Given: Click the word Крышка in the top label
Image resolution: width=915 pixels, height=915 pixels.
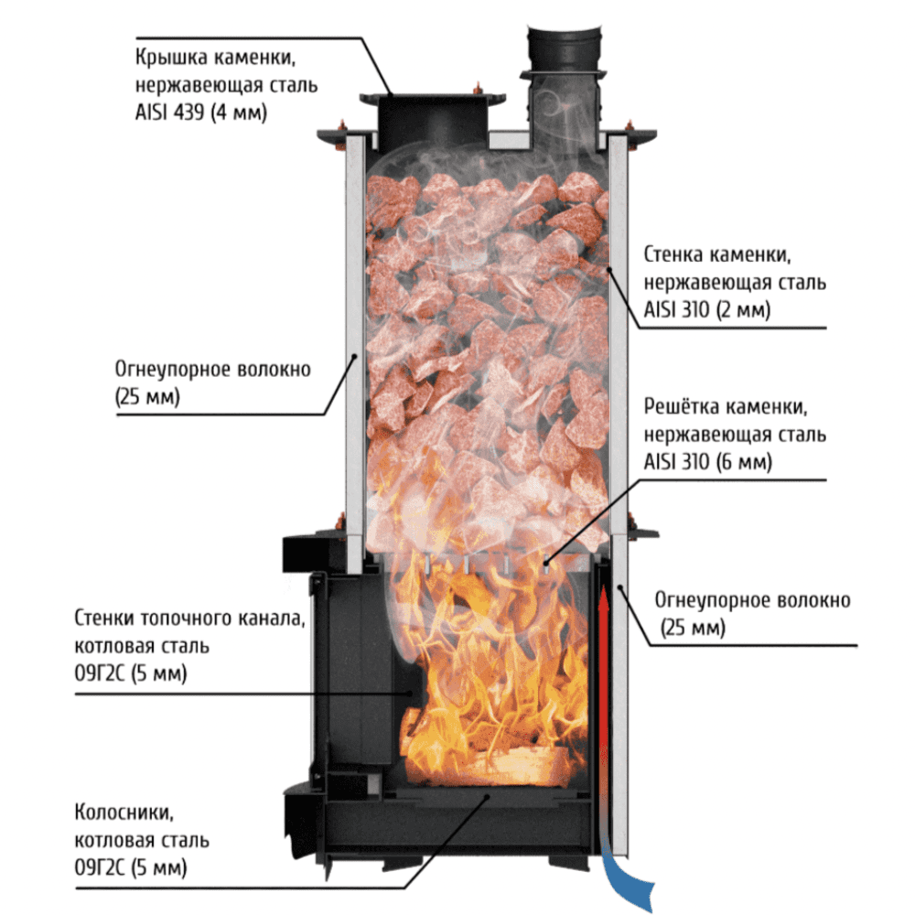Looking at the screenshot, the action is click(x=171, y=58).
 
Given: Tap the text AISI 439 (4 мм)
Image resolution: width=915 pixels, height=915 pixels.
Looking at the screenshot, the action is click(x=201, y=112).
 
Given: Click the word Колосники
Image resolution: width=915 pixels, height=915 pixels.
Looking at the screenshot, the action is click(x=124, y=812).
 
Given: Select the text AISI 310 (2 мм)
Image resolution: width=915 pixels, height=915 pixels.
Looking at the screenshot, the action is click(x=707, y=309).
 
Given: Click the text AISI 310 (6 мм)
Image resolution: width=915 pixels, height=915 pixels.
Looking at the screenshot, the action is click(x=708, y=461).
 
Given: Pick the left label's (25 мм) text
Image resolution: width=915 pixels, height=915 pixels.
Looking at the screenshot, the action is click(x=147, y=397).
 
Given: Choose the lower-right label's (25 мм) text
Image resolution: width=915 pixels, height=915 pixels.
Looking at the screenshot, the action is click(x=694, y=628).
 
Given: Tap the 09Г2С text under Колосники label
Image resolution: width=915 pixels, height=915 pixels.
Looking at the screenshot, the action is click(x=100, y=867).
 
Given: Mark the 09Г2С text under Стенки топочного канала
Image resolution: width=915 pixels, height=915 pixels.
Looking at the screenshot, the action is click(x=100, y=673).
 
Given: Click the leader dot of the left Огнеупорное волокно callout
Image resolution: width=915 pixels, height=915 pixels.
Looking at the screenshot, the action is click(x=353, y=356).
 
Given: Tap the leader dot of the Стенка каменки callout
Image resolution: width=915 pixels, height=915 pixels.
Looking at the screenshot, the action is click(x=608, y=269).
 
